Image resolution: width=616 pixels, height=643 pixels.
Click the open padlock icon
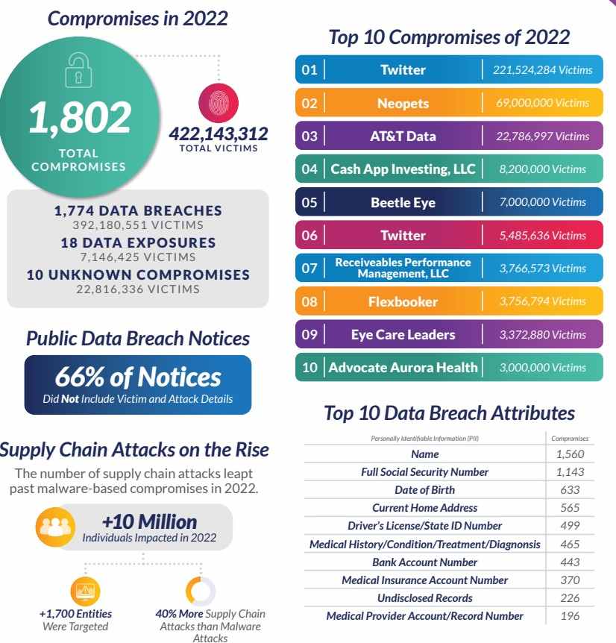pos(79,71)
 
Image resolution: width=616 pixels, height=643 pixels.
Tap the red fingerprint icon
pos(219,103)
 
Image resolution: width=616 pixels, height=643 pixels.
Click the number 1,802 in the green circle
pos(80,118)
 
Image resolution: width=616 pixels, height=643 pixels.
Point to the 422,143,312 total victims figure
pos(219,134)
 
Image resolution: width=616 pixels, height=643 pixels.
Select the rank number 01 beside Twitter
pos(309,69)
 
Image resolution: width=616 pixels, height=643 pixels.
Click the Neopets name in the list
pos(403,104)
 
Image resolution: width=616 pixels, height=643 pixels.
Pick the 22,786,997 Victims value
pos(543,137)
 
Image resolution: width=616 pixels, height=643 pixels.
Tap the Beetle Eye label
pos(403,203)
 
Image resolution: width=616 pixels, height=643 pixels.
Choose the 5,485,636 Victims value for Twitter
pos(543,236)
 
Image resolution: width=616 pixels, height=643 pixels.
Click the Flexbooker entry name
pos(403,302)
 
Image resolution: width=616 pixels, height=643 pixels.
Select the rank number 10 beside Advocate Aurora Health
pos(309,368)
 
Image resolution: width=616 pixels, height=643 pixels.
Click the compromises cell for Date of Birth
pos(570,489)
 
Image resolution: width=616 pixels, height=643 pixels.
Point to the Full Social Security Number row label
pos(424,472)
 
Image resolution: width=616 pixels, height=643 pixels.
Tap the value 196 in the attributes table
pos(570,616)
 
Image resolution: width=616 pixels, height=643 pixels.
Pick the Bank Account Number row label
pos(424,562)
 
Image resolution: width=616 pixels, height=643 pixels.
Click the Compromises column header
pos(570,439)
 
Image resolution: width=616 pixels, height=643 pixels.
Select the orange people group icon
pos(55,527)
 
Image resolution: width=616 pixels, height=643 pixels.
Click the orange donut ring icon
pos(201,591)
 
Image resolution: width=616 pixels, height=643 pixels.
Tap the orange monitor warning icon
pos(86,591)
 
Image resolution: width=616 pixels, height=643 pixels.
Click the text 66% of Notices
pos(138,377)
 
